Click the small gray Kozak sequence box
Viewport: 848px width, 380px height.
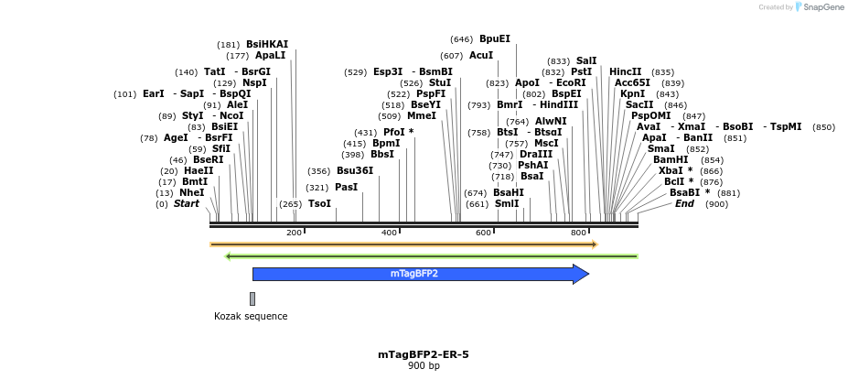[252, 299]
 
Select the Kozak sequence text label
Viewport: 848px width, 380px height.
[251, 317]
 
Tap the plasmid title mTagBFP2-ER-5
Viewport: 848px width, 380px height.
[423, 354]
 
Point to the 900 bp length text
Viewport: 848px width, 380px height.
[423, 366]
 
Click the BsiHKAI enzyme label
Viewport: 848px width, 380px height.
[266, 44]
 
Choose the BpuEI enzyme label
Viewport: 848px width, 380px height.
[495, 39]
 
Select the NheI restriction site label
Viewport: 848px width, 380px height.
[192, 192]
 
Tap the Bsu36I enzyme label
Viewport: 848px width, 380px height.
[355, 170]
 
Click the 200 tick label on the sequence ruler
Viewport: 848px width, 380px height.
[294, 233]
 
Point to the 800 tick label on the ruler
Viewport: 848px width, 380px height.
[578, 233]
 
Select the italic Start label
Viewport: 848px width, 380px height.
[186, 203]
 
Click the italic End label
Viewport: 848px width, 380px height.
[684, 203]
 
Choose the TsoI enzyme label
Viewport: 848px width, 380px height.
[319, 203]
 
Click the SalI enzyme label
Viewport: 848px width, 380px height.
[586, 60]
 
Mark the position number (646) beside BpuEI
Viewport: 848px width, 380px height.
[462, 39]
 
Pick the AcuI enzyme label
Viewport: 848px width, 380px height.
[481, 55]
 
